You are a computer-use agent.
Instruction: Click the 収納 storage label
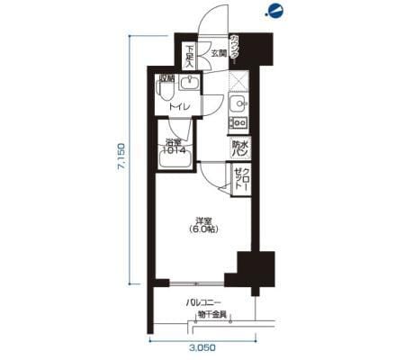pyautogui.click(x=167, y=78)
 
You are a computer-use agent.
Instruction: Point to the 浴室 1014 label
pyautogui.click(x=174, y=146)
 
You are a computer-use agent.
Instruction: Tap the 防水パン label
pyautogui.click(x=239, y=148)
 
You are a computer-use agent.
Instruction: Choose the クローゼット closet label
pyautogui.click(x=240, y=177)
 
